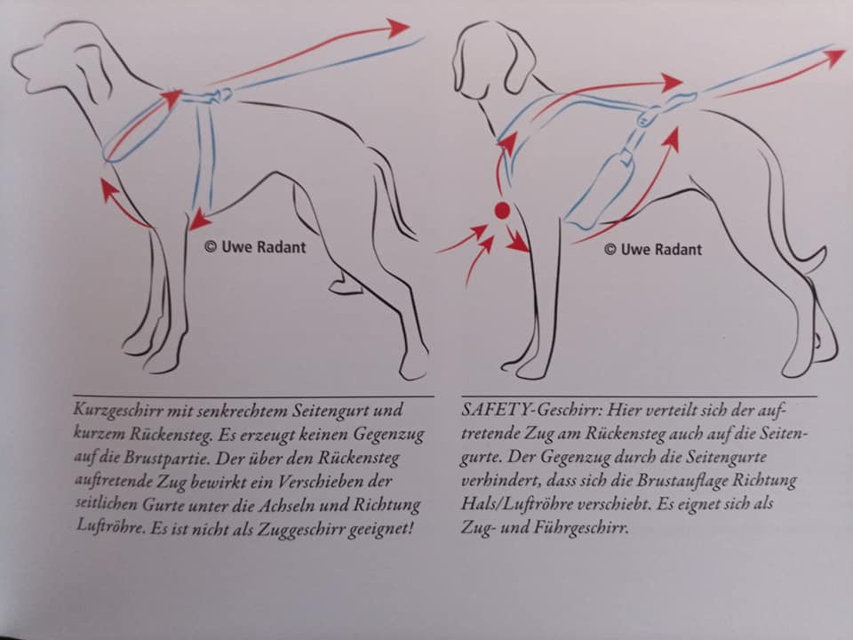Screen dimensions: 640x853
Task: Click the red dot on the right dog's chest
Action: coord(502,212)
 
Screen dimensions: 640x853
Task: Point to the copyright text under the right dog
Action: coord(653,250)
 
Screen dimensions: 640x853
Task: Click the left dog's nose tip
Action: coord(14,65)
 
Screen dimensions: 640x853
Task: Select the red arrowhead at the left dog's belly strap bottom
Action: coord(199,219)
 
